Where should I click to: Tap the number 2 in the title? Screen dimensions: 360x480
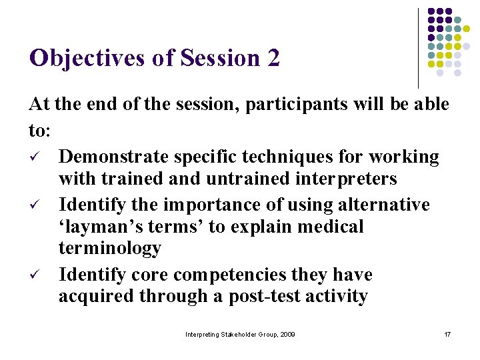coord(273,59)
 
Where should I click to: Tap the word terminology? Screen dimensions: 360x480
coord(110,248)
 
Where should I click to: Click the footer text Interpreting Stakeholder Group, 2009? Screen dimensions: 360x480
coord(240,334)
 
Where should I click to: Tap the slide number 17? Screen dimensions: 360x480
coord(447,334)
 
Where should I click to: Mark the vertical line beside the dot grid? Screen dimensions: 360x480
coord(418,48)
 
